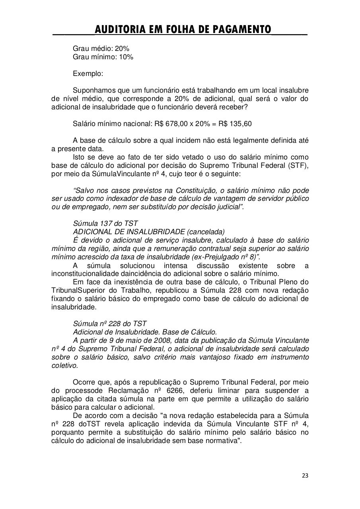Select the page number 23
tap(305, 475)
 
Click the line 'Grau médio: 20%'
tap(101, 49)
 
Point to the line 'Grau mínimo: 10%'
tap(103, 57)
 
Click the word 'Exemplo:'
tap(88, 74)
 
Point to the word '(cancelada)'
tap(206, 232)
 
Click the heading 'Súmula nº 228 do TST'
tap(110, 324)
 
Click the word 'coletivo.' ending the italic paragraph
tap(65, 365)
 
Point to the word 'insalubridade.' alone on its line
tap(74, 307)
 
